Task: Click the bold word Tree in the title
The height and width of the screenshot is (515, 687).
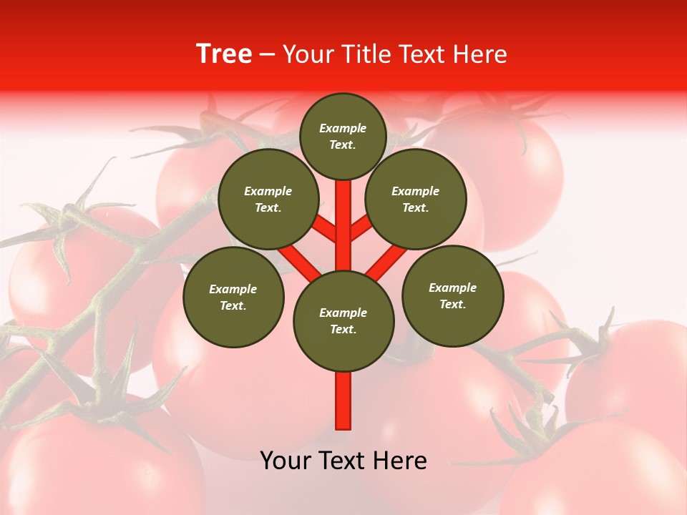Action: click(x=224, y=54)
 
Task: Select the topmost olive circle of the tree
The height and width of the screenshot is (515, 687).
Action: click(x=343, y=136)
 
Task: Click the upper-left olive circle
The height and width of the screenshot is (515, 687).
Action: click(x=268, y=199)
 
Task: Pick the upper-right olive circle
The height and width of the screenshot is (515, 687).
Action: click(x=416, y=199)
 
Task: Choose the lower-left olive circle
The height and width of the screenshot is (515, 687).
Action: click(x=233, y=297)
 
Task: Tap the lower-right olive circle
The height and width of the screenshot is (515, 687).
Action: click(x=452, y=295)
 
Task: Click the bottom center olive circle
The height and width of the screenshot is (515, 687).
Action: click(x=343, y=321)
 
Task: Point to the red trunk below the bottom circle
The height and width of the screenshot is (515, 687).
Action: click(x=343, y=401)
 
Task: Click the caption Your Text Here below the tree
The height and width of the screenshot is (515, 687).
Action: click(x=343, y=461)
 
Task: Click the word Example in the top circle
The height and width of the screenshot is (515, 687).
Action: click(x=343, y=128)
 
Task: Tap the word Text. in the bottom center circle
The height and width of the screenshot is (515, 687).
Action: click(x=343, y=330)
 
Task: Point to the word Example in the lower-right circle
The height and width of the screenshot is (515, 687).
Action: click(x=452, y=288)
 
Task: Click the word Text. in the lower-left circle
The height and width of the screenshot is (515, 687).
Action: click(x=233, y=306)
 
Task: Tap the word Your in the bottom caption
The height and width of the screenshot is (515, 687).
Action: click(x=285, y=461)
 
